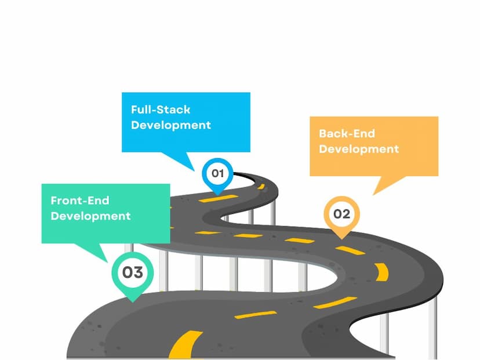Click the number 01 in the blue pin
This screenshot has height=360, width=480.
[x=217, y=173]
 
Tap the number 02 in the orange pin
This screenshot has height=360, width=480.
[x=341, y=214]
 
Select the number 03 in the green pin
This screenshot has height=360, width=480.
[x=133, y=272]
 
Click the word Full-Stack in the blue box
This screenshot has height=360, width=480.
[x=161, y=110]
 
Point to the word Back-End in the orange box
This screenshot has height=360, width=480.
[x=347, y=133]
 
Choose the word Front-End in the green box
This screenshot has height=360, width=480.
[x=80, y=201]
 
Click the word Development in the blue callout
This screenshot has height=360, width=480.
[x=171, y=126]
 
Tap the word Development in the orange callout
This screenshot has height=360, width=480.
[x=359, y=150]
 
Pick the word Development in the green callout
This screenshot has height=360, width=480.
[x=90, y=216]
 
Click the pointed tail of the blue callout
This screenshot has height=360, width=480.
[x=194, y=170]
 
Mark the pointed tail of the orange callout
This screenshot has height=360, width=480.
[x=373, y=194]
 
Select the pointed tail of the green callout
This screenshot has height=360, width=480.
[x=107, y=262]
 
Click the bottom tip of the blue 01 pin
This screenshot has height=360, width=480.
[x=217, y=195]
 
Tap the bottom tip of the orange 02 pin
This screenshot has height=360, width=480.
[x=341, y=239]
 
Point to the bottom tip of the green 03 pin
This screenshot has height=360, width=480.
[x=133, y=302]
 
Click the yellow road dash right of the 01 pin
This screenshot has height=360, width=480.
[x=261, y=187]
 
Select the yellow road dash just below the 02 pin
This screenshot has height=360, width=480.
[x=350, y=250]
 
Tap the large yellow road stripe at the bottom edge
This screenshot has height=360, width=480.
[x=184, y=344]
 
